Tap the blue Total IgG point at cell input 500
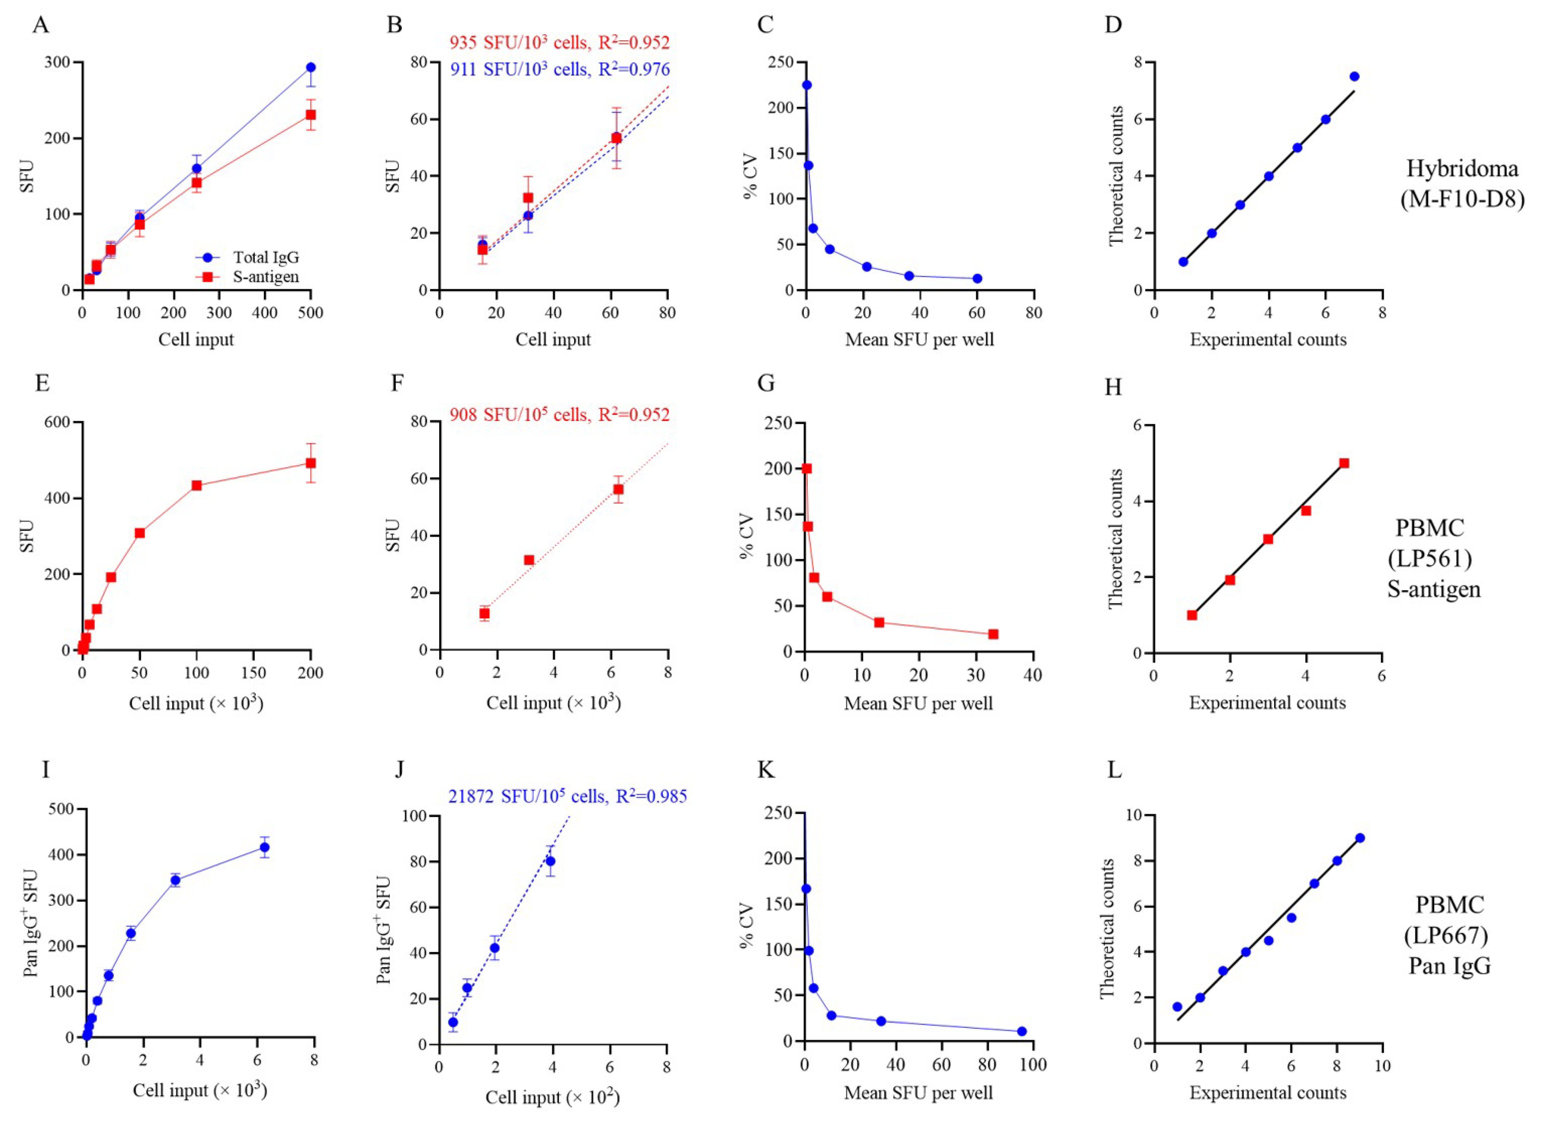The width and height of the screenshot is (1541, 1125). (x=311, y=68)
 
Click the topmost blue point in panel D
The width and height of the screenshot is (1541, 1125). (x=1354, y=76)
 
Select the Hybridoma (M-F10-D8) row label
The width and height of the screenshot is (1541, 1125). (x=1462, y=184)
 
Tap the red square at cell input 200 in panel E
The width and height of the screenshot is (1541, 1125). (x=311, y=463)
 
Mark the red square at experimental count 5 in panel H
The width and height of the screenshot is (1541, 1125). (x=1343, y=463)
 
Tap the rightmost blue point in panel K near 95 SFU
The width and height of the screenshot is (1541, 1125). (x=1021, y=1031)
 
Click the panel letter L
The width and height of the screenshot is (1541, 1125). (x=1114, y=770)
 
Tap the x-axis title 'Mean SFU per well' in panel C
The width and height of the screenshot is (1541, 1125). (x=919, y=339)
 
